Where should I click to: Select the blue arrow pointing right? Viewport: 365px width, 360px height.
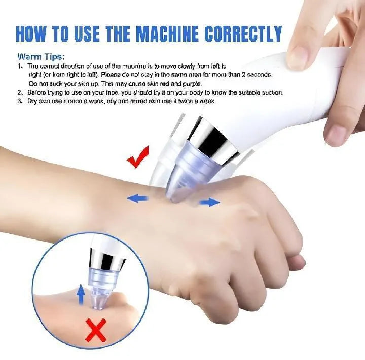tap(209, 203)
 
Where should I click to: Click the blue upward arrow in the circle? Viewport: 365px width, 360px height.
tap(80, 293)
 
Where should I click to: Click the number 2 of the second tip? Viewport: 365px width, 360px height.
tap(20, 93)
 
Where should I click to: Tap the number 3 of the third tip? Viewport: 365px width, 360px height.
tap(20, 101)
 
